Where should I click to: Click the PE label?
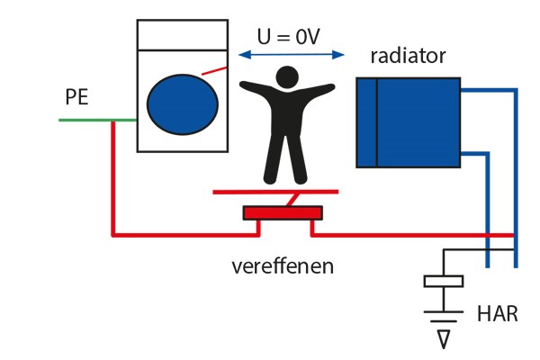click(76, 97)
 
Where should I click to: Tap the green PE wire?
click(85, 120)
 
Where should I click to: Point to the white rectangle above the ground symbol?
click(442, 281)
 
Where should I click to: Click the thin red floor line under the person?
click(275, 192)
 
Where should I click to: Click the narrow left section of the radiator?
click(366, 122)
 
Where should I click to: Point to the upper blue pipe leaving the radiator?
click(490, 89)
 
